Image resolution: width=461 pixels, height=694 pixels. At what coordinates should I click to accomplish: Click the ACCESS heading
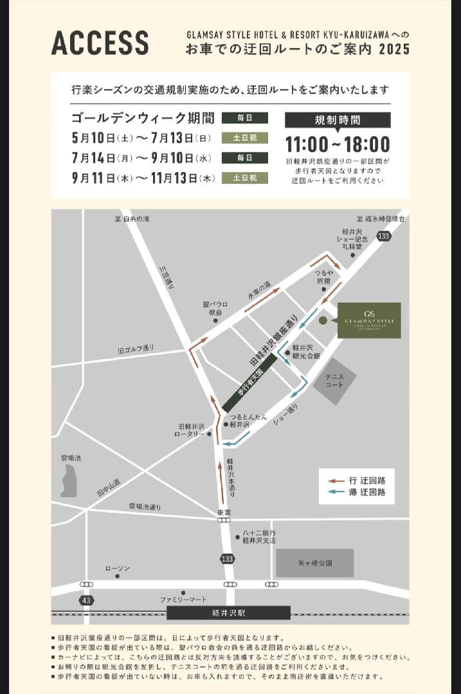click(x=100, y=42)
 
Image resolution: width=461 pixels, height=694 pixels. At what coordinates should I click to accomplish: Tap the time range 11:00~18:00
click(x=338, y=144)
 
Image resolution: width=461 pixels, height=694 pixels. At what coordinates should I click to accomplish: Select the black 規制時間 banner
click(x=338, y=120)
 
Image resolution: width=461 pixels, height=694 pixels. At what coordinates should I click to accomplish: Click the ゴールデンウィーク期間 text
click(x=143, y=118)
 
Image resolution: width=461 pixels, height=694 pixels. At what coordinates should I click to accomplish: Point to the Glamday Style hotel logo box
click(x=369, y=320)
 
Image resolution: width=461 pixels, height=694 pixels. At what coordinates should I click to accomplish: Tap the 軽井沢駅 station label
click(x=228, y=613)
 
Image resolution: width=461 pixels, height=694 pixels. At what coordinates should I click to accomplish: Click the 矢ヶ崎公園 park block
click(x=315, y=563)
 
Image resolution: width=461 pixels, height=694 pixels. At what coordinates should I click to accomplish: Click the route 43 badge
click(x=87, y=600)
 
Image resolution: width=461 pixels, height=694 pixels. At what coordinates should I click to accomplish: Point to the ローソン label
click(x=118, y=569)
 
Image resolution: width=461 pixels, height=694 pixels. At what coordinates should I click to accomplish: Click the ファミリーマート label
click(x=183, y=600)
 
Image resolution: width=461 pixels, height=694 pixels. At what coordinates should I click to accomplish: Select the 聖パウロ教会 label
click(x=215, y=308)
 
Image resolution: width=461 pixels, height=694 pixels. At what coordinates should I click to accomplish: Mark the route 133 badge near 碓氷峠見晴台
click(x=384, y=236)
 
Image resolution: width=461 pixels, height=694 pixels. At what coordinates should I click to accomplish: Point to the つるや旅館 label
click(x=323, y=277)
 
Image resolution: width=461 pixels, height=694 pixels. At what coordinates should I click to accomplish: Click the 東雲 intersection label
click(x=224, y=513)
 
